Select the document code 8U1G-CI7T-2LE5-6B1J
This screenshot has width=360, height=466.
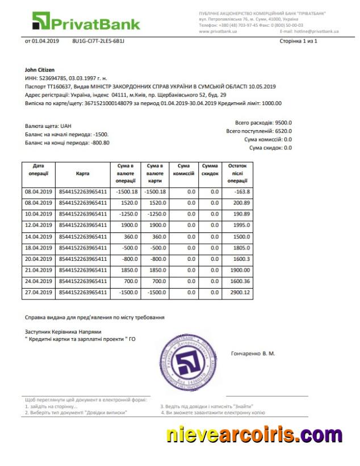click(x=98, y=41)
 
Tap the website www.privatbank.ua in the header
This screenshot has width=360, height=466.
click(x=218, y=31)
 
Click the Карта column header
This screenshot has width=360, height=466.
click(x=82, y=173)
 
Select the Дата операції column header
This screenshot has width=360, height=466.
click(x=39, y=169)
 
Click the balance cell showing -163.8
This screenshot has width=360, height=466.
click(x=237, y=192)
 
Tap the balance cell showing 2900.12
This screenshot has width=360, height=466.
click(x=237, y=292)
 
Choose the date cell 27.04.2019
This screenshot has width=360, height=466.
click(x=39, y=292)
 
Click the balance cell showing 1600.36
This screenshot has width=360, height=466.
click(x=237, y=281)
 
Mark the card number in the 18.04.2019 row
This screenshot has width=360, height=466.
click(x=83, y=247)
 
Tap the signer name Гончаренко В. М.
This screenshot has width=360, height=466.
click(x=253, y=353)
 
